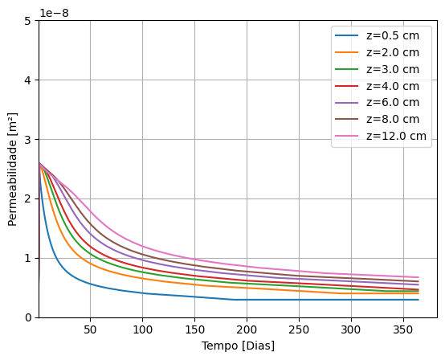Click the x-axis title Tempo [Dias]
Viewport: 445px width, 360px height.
point(238,346)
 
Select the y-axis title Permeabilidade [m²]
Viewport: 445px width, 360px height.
point(13,169)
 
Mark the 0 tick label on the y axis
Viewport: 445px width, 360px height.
point(28,317)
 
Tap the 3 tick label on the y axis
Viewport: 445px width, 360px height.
point(28,140)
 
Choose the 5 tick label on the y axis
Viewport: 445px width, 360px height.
point(28,21)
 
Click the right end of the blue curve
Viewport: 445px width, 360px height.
point(418,300)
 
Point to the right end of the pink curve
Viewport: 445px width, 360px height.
point(418,277)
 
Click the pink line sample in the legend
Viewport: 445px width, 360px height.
point(347,136)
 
